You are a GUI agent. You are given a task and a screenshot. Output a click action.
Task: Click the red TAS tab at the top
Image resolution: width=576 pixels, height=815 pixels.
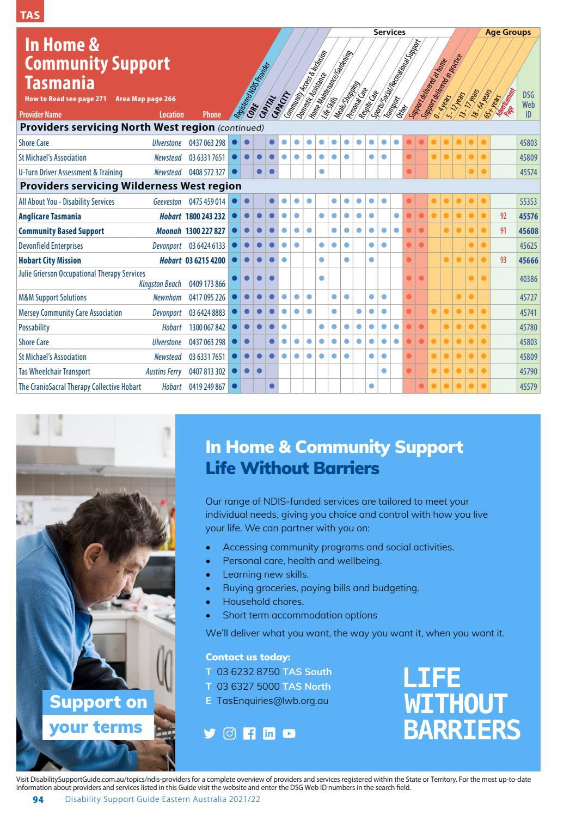click(x=30, y=15)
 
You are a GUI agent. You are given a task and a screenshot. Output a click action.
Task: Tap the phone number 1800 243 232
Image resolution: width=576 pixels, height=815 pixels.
click(x=205, y=216)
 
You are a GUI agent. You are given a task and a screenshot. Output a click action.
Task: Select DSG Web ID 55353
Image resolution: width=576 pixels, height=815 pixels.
click(x=528, y=201)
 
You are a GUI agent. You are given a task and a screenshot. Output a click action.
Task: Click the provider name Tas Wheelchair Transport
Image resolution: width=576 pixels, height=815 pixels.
click(x=54, y=371)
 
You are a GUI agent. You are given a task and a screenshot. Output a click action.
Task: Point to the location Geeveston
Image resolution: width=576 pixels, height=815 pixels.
click(x=167, y=201)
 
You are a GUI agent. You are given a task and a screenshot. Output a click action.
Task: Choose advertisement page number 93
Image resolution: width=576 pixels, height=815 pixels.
click(x=503, y=260)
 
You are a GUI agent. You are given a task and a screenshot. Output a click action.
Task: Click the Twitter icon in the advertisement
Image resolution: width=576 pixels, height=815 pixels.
click(x=210, y=733)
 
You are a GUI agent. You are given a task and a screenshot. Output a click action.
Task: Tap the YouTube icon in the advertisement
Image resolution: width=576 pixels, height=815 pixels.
click(x=289, y=733)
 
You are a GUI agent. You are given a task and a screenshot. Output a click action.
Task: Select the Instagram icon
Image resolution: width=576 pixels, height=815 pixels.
click(x=230, y=733)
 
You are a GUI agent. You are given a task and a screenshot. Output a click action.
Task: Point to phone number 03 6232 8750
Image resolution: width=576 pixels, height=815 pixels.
click(x=248, y=672)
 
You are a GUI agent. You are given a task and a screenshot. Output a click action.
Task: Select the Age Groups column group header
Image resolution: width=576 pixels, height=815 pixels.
click(x=507, y=32)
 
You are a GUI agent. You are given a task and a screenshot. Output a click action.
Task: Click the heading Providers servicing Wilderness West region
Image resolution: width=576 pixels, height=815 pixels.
click(x=131, y=186)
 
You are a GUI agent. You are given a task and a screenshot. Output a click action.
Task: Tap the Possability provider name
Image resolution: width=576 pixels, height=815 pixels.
click(x=34, y=327)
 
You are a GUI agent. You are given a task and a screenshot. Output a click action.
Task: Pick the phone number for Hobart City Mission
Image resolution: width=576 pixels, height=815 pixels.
click(x=205, y=260)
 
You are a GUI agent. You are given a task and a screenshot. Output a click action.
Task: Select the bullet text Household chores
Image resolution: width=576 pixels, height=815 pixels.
click(x=264, y=602)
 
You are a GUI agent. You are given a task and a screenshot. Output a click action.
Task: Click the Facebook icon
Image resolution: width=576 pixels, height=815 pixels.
click(x=249, y=733)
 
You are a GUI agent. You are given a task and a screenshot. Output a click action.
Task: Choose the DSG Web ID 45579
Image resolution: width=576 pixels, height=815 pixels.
click(x=528, y=387)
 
